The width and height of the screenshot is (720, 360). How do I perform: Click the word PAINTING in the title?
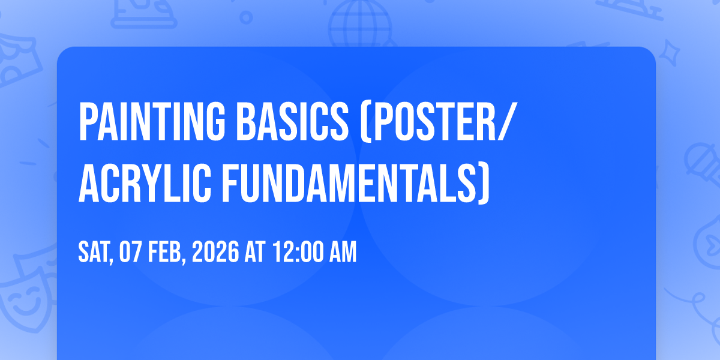pos(152,121)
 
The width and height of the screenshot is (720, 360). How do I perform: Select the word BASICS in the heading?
pos(293,121)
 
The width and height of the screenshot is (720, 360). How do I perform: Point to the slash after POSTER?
pos(507,121)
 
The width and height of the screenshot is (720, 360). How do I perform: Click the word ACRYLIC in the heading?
pos(145,183)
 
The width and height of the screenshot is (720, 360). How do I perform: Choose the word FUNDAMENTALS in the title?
pos(349,183)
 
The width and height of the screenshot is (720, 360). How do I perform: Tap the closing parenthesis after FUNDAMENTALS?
pos(484,184)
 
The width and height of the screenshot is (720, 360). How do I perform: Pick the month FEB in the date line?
pos(165,253)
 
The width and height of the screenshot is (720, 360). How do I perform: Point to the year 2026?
pos(215,253)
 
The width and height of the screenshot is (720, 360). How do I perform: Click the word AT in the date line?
pos(255,253)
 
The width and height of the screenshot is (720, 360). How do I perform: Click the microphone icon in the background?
pos(703,164)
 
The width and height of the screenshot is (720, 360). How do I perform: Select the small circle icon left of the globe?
pos(246,17)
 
